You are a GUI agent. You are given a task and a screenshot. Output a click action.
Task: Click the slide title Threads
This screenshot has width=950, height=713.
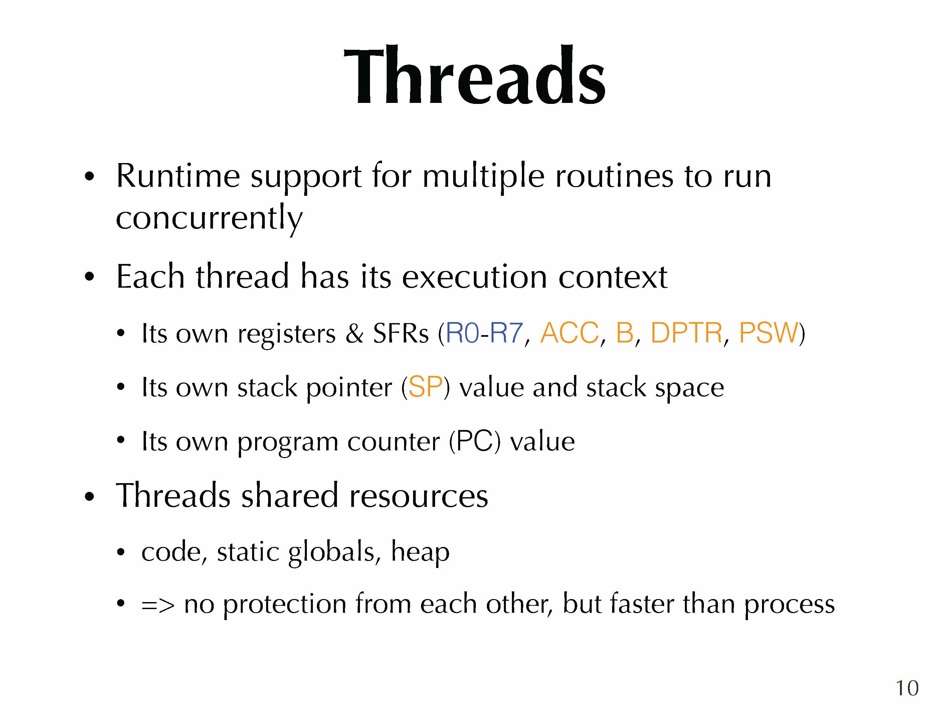pos(474,76)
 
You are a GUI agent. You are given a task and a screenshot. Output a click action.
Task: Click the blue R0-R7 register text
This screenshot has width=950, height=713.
pos(485,333)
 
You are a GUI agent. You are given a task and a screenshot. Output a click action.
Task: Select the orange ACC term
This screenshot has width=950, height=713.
pos(569,333)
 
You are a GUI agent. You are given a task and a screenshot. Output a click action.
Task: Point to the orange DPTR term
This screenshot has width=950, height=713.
pos(686,333)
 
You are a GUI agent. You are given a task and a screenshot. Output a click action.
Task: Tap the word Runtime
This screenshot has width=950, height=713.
pos(178,176)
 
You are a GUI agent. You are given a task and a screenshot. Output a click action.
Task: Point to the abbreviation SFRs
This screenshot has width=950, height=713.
pos(401,333)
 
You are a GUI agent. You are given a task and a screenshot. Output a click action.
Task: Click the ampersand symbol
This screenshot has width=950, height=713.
pos(354,333)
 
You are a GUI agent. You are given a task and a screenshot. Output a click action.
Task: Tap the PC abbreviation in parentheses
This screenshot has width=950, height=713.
pos(474,441)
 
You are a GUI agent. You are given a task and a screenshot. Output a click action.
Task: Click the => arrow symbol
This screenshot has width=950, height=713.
pos(158,605)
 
